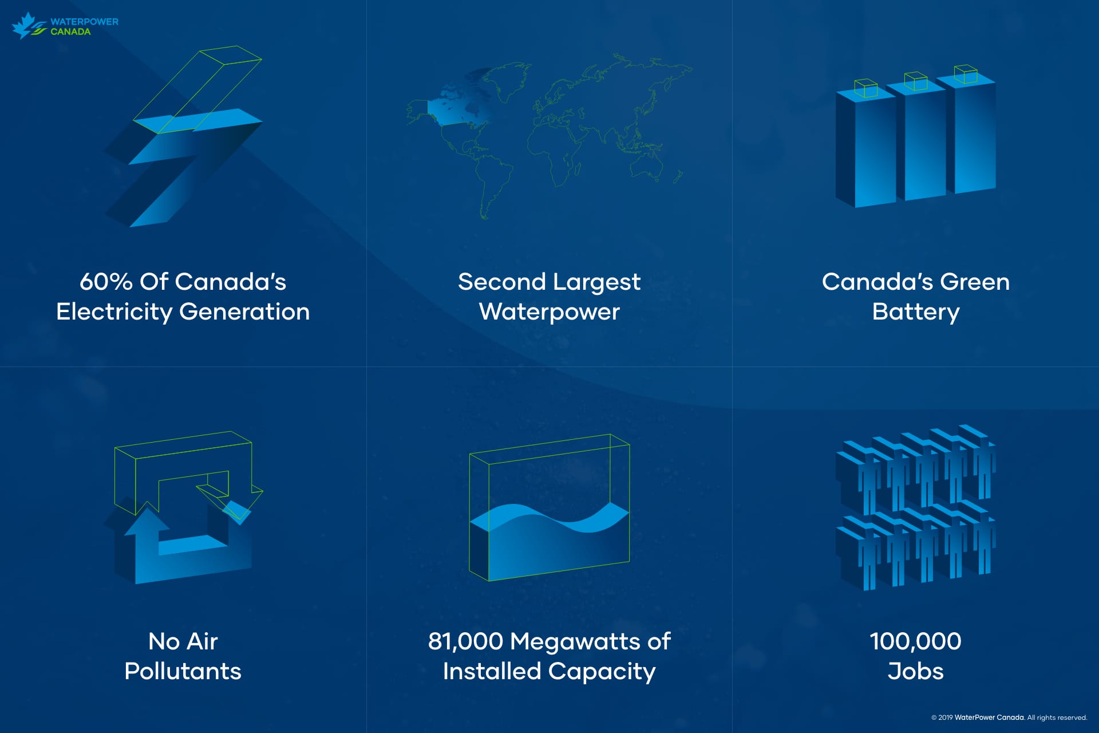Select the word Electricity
point(114,312)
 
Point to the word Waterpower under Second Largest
point(549,312)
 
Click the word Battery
point(916,312)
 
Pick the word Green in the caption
point(975,282)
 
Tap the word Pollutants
point(183,671)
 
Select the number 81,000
point(465,641)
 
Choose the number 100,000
point(916,641)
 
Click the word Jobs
point(916,671)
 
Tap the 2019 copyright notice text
point(1009,718)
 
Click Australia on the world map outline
point(647,166)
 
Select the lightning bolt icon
point(183,137)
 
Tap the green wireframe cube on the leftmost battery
point(865,88)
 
